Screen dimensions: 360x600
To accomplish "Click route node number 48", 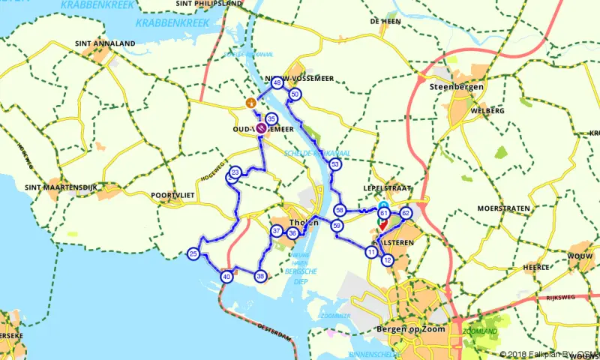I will [277, 83].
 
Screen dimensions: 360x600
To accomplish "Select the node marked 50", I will [295, 94].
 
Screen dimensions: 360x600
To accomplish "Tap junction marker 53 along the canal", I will [335, 164].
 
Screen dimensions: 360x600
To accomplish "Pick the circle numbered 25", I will [193, 255].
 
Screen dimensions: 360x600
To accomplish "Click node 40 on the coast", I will [226, 277].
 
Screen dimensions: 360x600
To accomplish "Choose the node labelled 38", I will [260, 276].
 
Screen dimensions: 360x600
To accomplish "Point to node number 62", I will [406, 213].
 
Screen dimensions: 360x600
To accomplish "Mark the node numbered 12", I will [387, 260].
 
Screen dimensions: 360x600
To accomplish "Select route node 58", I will [340, 211].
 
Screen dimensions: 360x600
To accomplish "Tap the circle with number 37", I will [277, 231].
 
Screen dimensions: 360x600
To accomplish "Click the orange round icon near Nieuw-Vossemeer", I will [252, 102].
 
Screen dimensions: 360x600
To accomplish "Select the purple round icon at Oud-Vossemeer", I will [261, 128].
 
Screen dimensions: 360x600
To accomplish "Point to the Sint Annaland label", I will [105, 43].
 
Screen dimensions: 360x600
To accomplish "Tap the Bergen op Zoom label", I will [408, 329].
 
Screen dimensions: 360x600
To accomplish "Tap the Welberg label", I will [487, 110].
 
